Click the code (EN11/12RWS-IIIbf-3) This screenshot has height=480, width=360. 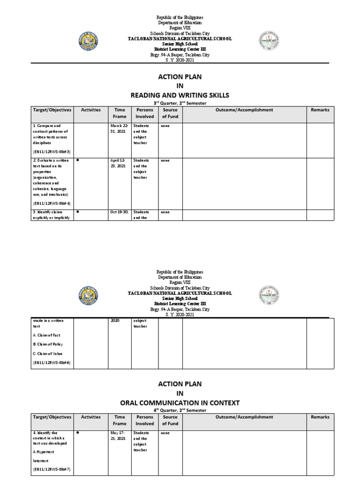(51, 152)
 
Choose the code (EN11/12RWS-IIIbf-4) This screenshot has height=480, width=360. (51, 203)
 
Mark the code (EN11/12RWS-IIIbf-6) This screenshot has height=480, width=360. (51, 363)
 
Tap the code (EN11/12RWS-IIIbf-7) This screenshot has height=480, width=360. (51, 469)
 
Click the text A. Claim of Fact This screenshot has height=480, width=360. (46, 335)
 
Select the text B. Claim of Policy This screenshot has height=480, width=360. (48, 345)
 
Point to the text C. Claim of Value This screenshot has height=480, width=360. (47, 353)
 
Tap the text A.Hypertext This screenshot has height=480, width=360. (45, 451)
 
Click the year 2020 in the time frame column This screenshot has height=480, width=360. (115, 321)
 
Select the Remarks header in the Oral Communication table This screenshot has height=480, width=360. (320, 417)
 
